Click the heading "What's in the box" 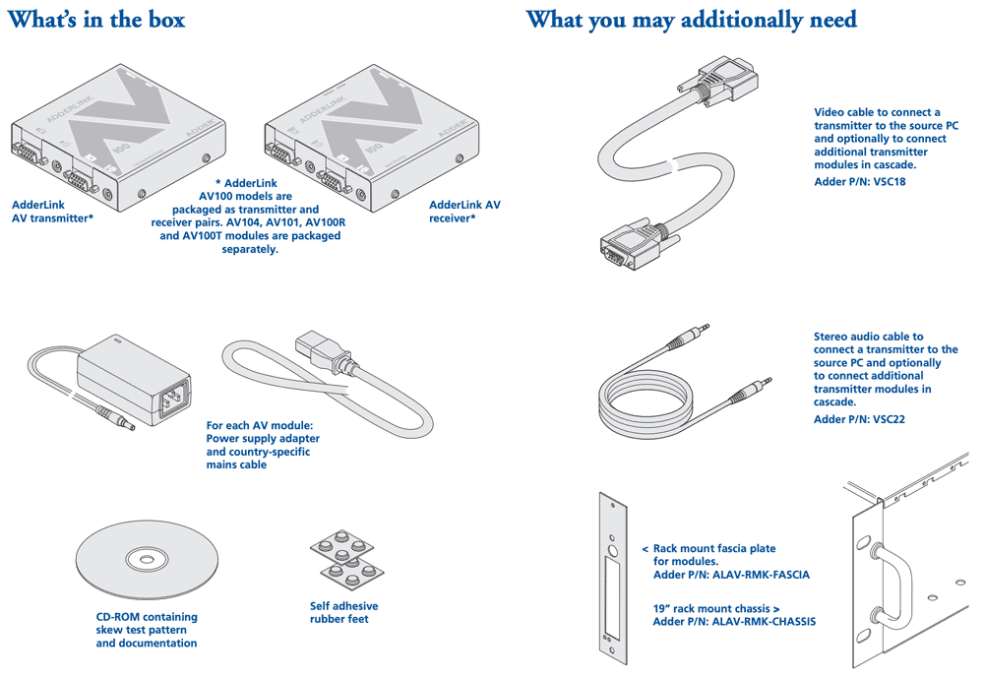96,20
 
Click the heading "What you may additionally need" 691,20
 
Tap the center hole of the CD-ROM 146,560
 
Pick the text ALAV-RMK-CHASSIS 764,621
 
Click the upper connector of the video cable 723,82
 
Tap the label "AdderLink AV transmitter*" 52,212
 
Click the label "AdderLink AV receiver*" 464,212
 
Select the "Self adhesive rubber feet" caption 343,612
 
